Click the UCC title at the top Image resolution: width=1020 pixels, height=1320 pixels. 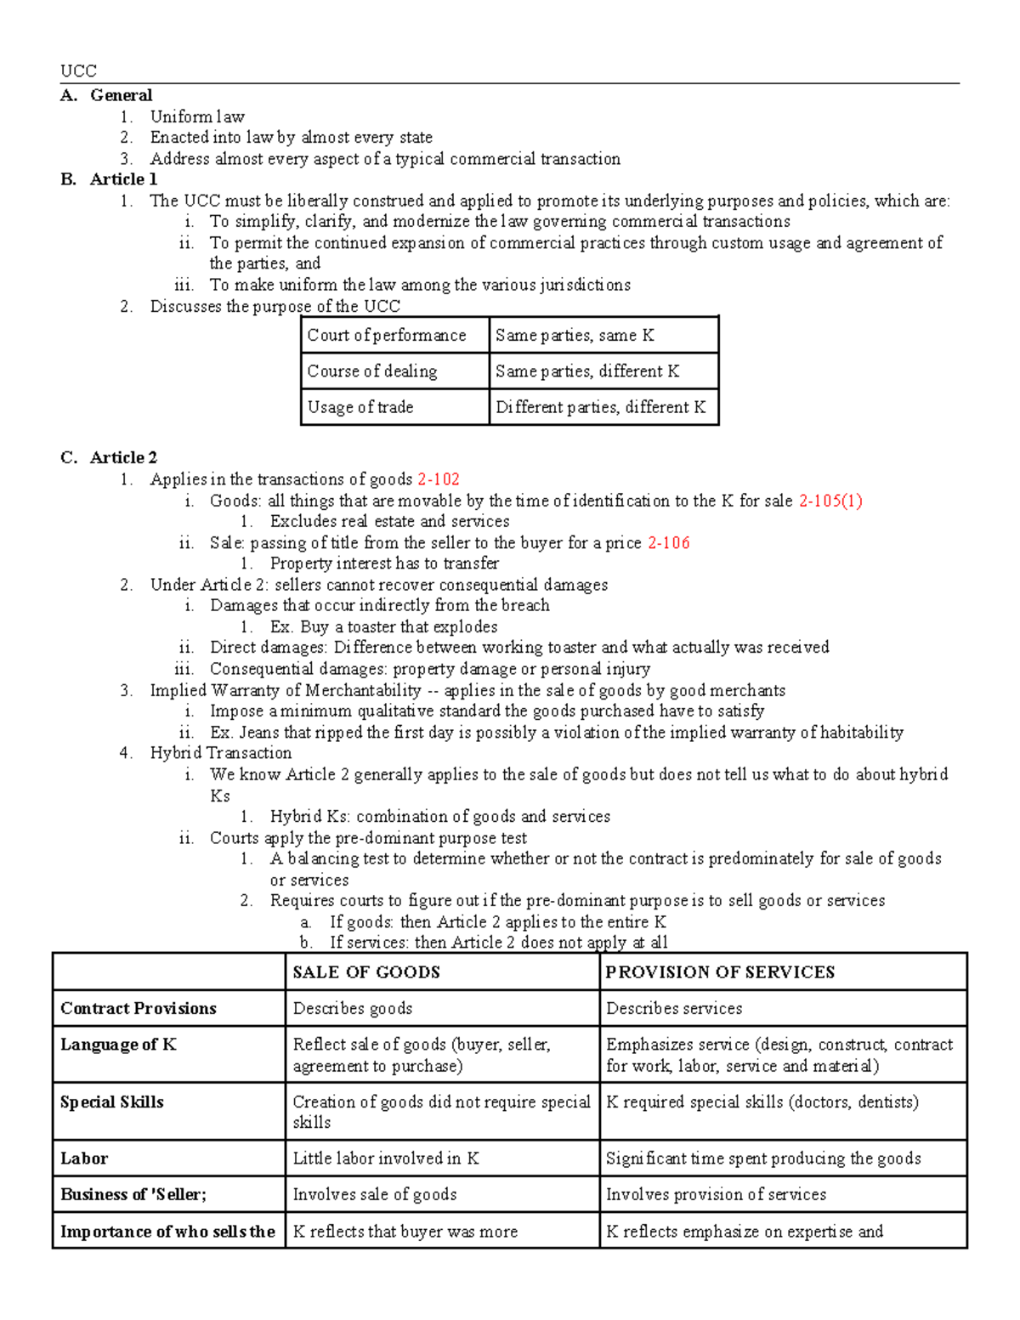[x=78, y=71]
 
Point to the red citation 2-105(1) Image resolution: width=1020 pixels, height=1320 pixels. [x=830, y=501]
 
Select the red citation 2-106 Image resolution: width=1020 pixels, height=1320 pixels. [x=668, y=543]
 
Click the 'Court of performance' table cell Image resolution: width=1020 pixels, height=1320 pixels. [x=387, y=336]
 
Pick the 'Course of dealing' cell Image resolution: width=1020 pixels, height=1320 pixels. [x=372, y=371]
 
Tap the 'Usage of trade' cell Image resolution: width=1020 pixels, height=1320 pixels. [x=360, y=407]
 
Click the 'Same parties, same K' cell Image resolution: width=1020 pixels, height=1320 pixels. [x=575, y=336]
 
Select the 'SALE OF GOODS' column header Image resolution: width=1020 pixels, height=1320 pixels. [x=366, y=972]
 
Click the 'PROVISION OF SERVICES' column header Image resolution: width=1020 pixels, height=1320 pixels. [x=720, y=972]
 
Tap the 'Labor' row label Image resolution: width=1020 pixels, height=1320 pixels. [x=84, y=1159]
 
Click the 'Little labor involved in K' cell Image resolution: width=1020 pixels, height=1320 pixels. [x=386, y=1159]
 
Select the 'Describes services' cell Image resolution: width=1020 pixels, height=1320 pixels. [x=674, y=1009]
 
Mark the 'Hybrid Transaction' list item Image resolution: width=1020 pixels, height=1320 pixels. [x=221, y=753]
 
